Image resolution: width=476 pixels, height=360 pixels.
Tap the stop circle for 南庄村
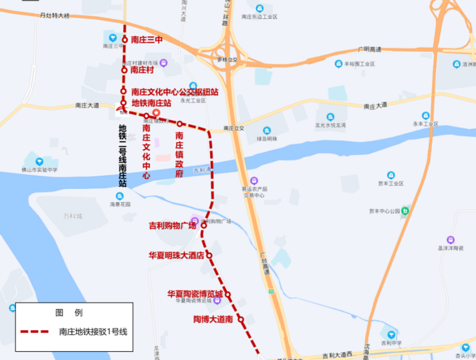[x=124, y=70]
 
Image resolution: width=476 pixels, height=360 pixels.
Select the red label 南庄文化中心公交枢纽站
[x=175, y=92]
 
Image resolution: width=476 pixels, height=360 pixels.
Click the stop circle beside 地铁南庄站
[x=124, y=103]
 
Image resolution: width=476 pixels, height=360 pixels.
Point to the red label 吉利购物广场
[x=172, y=226]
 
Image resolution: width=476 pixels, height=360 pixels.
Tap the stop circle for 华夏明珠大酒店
[x=209, y=255]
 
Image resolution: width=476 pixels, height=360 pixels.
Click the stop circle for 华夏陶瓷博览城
[x=228, y=294]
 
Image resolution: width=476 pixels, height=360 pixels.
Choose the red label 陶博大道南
[x=213, y=319]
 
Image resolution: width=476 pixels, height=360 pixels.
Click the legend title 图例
[x=69, y=313]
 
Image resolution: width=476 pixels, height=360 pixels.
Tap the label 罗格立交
[x=227, y=59]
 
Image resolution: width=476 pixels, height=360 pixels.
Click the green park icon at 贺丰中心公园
[x=405, y=211]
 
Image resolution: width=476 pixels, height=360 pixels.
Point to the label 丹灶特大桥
[x=55, y=16]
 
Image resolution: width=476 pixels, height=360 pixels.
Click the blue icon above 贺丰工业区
[x=390, y=175]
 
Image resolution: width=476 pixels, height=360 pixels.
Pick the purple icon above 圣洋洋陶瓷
[x=450, y=240]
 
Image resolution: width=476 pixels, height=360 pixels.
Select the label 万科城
[x=73, y=216]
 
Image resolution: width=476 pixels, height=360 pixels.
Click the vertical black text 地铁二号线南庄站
[x=123, y=156]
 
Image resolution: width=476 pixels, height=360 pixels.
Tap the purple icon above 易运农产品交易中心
[x=254, y=181]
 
